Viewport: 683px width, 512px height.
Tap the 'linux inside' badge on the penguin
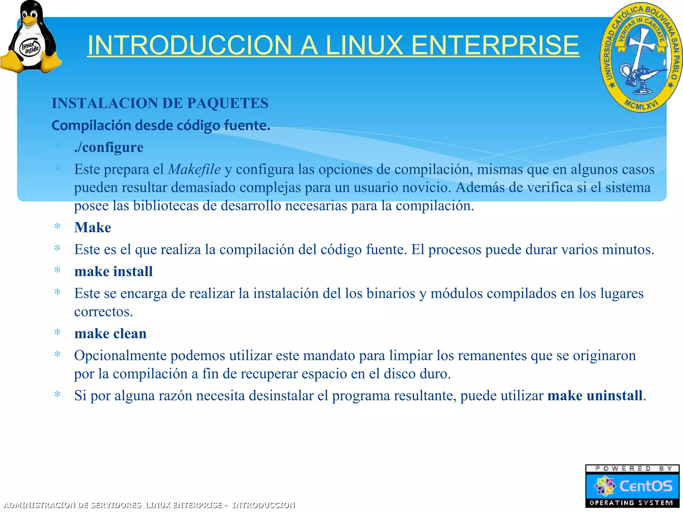30,48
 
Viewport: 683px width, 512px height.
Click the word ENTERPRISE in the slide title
495,45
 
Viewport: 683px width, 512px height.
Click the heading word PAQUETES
227,103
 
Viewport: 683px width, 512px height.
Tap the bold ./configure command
109,147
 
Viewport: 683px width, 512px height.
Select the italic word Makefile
194,169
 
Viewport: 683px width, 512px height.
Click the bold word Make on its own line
93,228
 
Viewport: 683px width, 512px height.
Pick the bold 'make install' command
113,272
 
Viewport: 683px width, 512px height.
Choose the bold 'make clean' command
110,334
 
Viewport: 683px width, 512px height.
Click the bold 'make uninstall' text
595,396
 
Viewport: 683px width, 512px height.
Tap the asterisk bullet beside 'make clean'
57,332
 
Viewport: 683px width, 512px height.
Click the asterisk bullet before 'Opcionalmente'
57,354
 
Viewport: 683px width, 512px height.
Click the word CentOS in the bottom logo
646,486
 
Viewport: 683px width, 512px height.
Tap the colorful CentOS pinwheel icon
604,486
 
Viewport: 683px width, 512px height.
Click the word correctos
103,312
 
